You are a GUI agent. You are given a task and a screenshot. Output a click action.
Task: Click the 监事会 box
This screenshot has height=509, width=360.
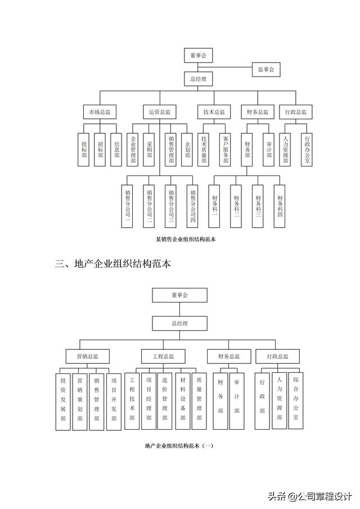pos(265,70)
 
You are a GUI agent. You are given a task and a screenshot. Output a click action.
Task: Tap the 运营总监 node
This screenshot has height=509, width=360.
pos(159,112)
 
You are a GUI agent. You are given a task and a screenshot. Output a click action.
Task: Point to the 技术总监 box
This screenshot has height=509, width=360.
pos(214,112)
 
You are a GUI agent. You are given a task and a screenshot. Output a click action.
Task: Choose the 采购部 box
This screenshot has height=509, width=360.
pos(149,149)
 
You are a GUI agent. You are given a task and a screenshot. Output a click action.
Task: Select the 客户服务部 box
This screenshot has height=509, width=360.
pos(225,149)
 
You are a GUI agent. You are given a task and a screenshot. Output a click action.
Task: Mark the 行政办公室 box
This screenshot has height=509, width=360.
pos(307,149)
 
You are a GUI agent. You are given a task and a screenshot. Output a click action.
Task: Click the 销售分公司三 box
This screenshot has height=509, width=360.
pos(171,206)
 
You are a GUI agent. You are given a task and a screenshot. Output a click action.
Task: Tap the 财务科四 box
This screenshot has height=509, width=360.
pos(280,206)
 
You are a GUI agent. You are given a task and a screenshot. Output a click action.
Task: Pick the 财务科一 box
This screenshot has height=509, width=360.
pos(214,206)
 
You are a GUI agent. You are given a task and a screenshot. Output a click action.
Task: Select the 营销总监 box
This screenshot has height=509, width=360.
pos(88,356)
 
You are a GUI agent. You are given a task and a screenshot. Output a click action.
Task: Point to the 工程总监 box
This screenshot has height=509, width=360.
pos(163,356)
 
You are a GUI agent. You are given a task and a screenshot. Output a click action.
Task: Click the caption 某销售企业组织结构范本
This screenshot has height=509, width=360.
pos(186,239)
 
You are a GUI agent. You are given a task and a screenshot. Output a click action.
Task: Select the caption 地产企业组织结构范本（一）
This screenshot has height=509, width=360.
pos(179,446)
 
